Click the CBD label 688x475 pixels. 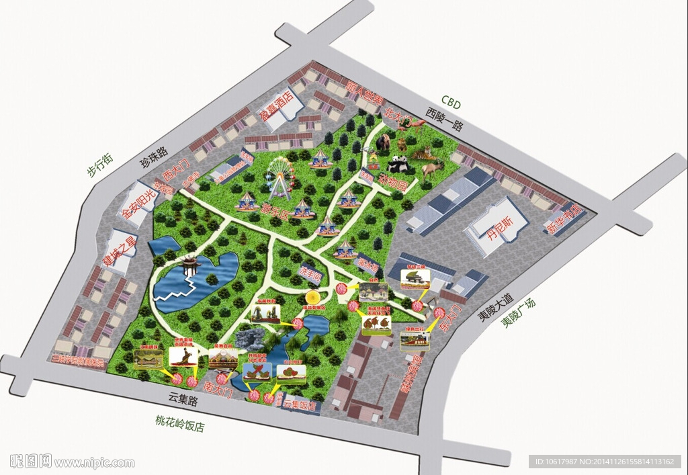[x=451, y=103]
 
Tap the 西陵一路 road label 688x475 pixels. [x=445, y=120]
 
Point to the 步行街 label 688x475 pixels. [x=100, y=165]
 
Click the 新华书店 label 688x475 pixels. [x=563, y=221]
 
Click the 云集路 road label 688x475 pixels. [x=183, y=400]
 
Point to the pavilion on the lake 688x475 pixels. [x=190, y=265]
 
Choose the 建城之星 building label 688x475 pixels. [x=119, y=249]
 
